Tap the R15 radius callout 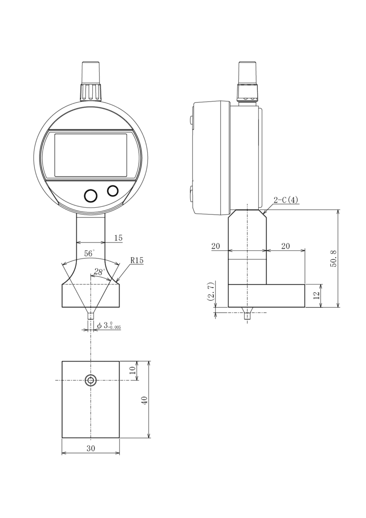coord(137,260)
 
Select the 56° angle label coord(89,253)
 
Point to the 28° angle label coord(99,272)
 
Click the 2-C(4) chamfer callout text coord(286,200)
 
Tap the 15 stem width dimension coord(118,238)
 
